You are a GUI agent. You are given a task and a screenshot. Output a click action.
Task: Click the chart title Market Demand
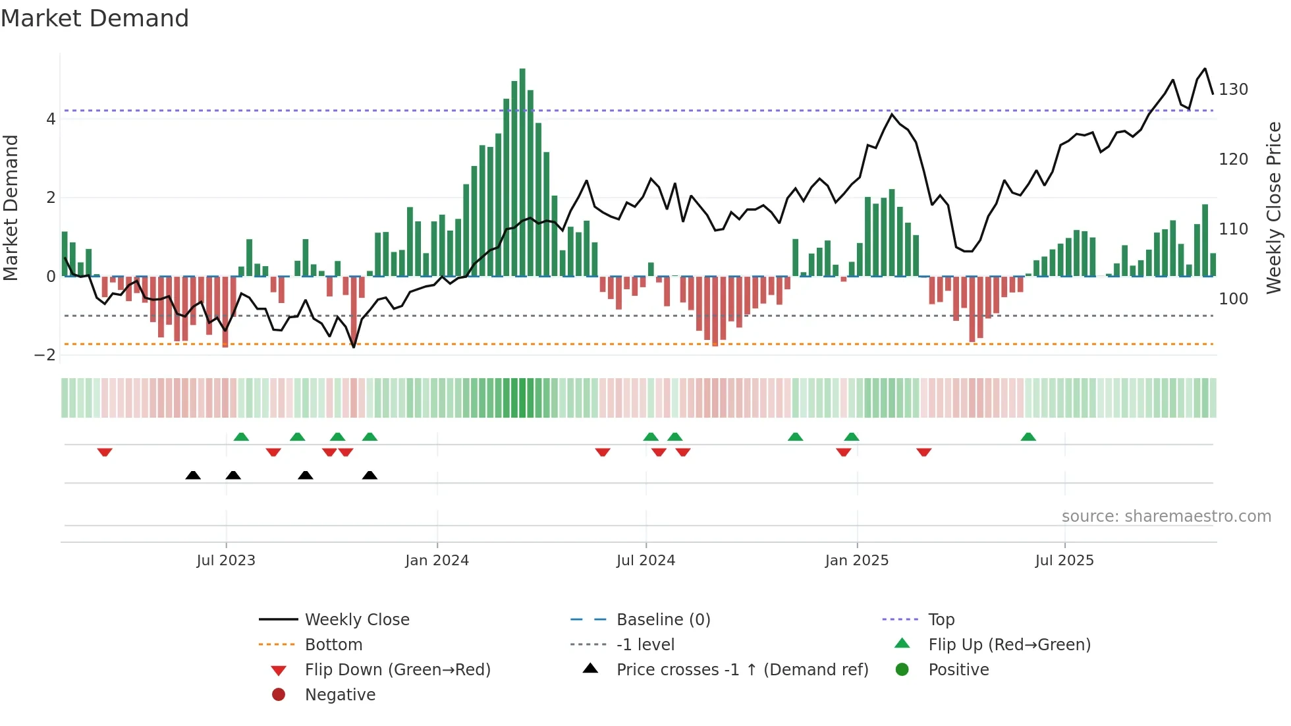pos(95,18)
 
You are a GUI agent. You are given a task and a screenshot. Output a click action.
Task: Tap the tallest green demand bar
pos(522,171)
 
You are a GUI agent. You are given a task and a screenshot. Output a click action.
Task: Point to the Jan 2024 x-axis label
pos(437,560)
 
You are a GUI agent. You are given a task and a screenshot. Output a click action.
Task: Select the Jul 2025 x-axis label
pos(1064,560)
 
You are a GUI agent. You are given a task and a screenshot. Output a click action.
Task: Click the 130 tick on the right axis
pos(1232,89)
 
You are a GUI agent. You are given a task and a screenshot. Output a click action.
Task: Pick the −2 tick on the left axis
pos(45,354)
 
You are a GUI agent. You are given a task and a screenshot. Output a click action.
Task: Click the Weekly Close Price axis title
pos(1274,208)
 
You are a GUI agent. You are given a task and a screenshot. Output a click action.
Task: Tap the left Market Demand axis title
pos(11,208)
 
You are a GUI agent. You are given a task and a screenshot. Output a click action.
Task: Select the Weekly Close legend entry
pos(356,619)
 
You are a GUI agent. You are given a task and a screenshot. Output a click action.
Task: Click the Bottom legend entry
pos(333,644)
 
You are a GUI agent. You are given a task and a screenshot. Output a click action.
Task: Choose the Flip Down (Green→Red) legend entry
pos(397,669)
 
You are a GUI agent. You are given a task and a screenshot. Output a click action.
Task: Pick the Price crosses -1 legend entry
pos(742,669)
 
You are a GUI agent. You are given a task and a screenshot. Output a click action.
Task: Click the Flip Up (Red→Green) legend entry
pos(1009,644)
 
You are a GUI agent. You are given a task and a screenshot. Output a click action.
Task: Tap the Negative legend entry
pos(340,694)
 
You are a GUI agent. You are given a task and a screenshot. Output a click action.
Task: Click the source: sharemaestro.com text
pos(1166,516)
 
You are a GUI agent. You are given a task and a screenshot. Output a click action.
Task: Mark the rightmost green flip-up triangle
pos(1028,437)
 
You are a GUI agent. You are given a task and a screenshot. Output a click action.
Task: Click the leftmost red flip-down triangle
pos(105,452)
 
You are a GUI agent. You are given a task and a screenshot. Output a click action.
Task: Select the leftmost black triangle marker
pos(193,475)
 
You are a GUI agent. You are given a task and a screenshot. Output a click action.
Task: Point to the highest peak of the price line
pos(1205,69)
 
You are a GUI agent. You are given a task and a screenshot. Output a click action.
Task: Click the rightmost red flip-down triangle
pos(923,452)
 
